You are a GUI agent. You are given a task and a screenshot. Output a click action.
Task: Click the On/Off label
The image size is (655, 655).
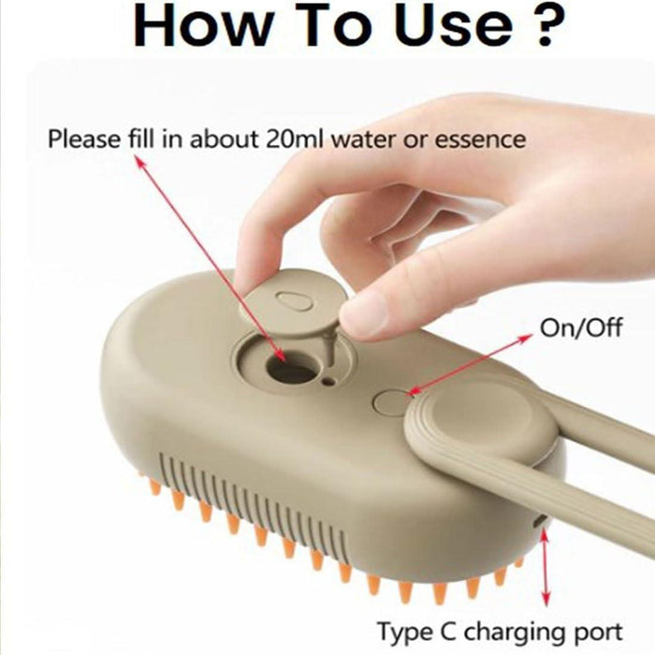[581, 327]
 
